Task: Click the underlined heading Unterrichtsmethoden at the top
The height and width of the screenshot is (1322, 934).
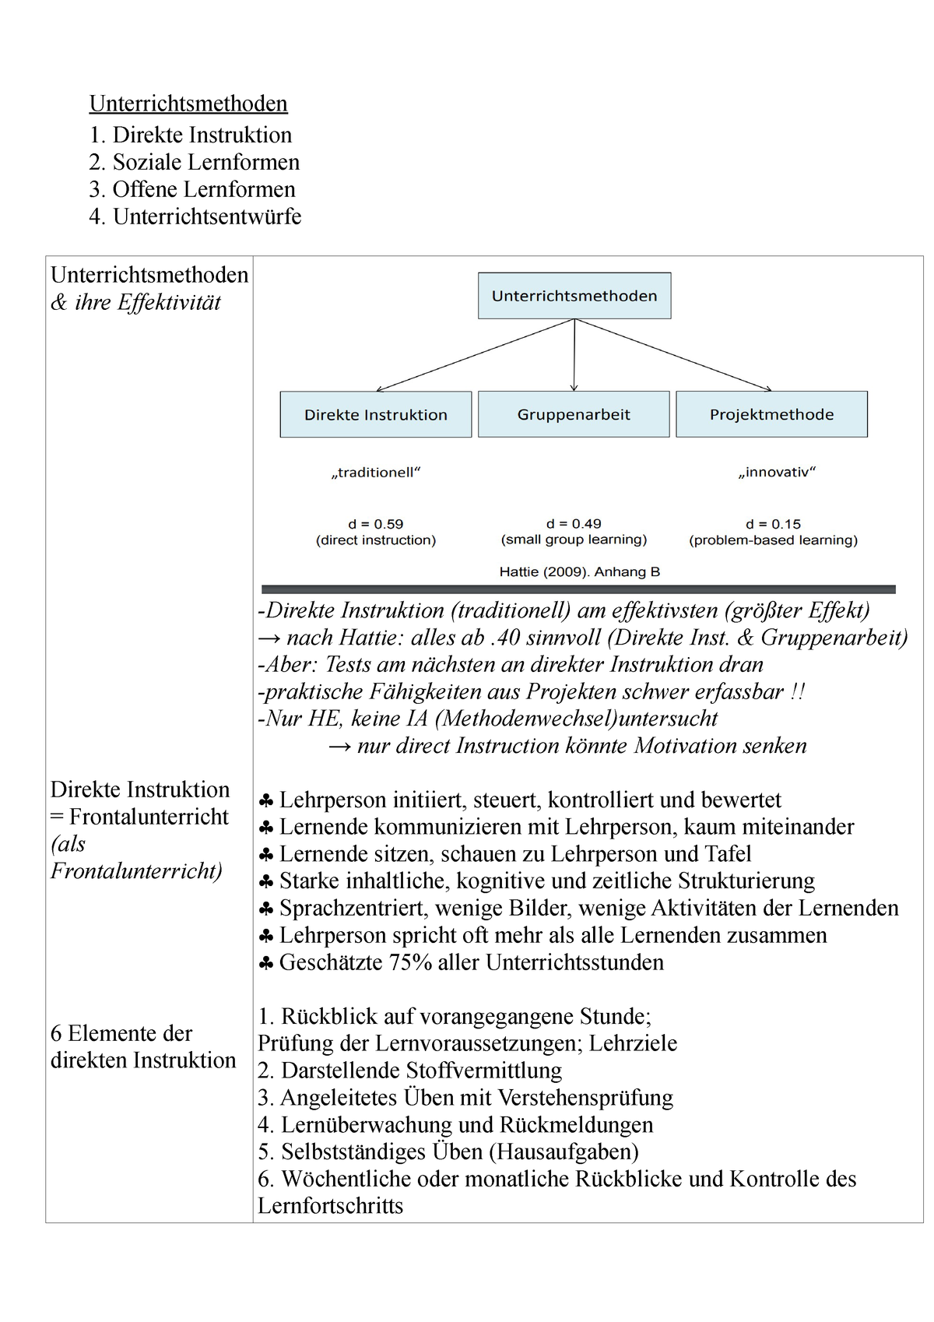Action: point(188,104)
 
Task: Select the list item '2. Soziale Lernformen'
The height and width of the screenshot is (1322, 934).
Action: point(194,162)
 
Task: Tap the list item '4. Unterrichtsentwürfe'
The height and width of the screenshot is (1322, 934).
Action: point(195,216)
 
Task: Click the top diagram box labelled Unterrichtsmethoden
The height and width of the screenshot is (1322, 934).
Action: point(574,296)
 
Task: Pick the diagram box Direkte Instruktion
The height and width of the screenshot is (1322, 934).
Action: point(376,415)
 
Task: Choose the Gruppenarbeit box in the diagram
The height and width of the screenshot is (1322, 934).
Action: point(574,415)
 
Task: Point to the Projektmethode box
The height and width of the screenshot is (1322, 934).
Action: point(771,415)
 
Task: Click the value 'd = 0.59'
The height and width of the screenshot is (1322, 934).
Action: point(376,524)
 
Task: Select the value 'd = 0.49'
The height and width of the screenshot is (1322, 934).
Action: point(574,524)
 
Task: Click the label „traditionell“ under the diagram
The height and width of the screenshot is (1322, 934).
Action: point(376,473)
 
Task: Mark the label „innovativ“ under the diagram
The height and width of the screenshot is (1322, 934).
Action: point(777,473)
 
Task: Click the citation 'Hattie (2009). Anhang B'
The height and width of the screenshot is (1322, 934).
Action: point(579,572)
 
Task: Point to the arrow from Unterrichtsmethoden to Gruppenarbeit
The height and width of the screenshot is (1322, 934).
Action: point(574,354)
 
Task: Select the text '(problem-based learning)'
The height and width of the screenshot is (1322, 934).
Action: point(773,540)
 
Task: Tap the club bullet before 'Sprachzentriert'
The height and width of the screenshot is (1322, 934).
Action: point(265,909)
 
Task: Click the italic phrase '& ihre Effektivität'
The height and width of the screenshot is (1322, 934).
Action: point(136,303)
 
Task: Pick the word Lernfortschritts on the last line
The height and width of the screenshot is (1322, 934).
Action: point(330,1207)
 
